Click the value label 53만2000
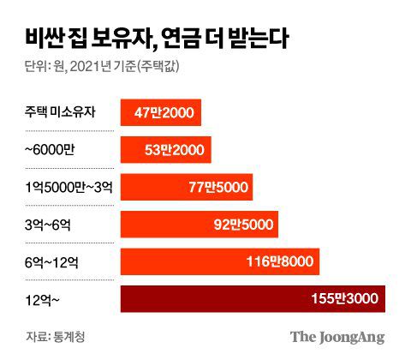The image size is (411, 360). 175,149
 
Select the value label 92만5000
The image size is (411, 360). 244,225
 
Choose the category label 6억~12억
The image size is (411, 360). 52,262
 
